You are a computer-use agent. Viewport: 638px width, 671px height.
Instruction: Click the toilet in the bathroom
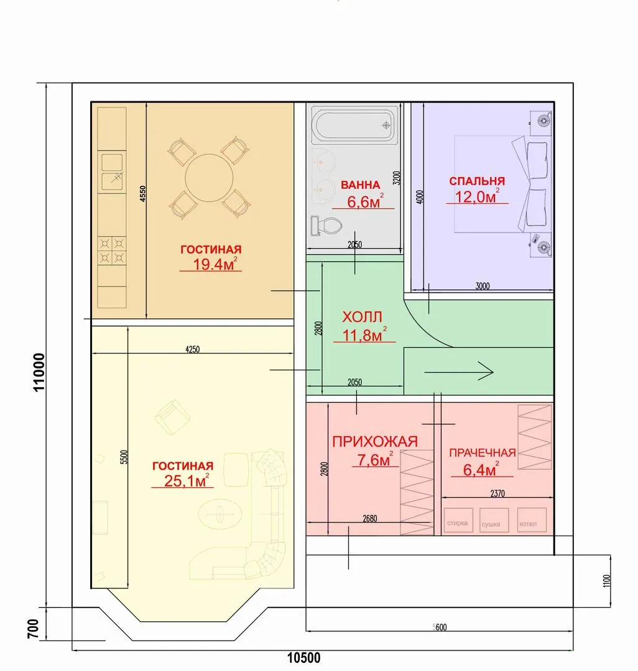tap(326, 226)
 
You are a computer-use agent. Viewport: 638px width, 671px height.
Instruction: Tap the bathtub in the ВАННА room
tap(353, 126)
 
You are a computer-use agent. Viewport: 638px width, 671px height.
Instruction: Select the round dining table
tap(209, 178)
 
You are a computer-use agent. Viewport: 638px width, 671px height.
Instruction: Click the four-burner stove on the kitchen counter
tap(112, 250)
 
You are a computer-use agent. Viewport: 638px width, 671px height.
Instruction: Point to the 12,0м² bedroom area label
tap(477, 196)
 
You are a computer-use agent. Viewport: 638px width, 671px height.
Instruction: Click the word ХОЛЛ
tap(362, 317)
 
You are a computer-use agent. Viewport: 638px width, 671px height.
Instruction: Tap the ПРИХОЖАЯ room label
tap(375, 441)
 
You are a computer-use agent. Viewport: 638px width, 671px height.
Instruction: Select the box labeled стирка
tap(458, 521)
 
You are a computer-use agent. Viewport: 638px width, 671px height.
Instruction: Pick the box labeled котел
tap(532, 521)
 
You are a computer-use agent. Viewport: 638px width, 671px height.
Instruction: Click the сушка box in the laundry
tap(494, 521)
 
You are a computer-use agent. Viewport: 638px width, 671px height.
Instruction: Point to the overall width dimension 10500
tap(303, 658)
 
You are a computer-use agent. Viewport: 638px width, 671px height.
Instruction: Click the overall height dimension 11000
tap(39, 372)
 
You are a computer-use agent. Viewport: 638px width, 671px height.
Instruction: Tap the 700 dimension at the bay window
tap(33, 629)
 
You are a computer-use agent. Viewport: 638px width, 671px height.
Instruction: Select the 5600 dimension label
tap(440, 628)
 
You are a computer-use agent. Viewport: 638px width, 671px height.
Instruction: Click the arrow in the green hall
tap(458, 372)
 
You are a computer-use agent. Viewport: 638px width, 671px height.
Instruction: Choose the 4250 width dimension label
tap(192, 349)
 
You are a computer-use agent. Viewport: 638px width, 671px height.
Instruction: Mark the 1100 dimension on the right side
tap(606, 581)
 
